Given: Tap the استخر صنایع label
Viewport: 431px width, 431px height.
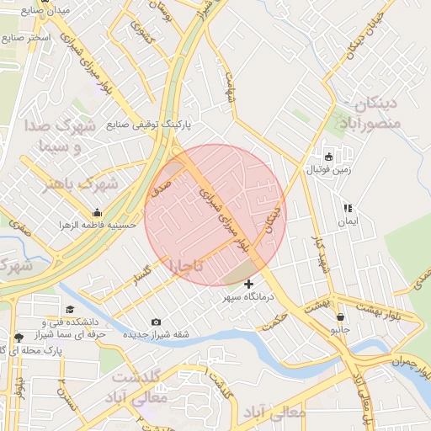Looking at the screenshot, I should [26, 39].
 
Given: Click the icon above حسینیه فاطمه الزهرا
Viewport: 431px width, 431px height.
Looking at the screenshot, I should [98, 212].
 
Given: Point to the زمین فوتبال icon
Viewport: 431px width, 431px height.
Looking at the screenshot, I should [328, 157].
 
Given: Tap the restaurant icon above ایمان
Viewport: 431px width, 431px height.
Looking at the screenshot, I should [346, 208].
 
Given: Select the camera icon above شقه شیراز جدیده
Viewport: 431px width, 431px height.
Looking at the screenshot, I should [156, 322].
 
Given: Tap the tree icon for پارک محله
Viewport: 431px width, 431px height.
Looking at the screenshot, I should [19, 338].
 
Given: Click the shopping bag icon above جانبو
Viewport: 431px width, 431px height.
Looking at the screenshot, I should [339, 317].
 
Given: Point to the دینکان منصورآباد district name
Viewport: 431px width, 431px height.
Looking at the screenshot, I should [368, 115].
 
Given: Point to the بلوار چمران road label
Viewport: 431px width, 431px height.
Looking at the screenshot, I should [412, 367].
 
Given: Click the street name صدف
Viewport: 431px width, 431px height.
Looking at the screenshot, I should [160, 186].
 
